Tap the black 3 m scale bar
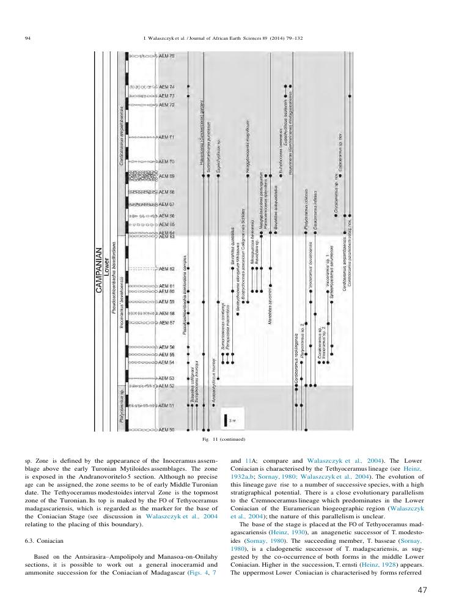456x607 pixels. click(x=225, y=420)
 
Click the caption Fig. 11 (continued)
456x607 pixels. click(x=227, y=439)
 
